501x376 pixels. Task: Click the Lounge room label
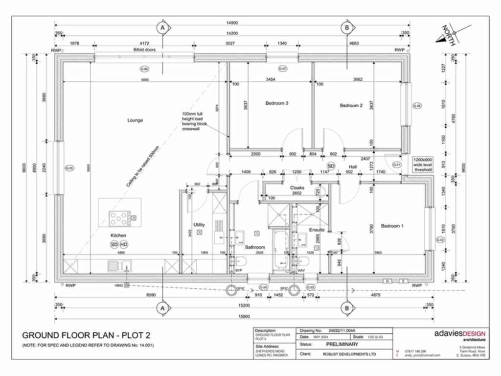[x=135, y=120]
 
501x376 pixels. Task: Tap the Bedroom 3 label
[x=276, y=103]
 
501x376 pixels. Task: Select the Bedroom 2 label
[x=351, y=105]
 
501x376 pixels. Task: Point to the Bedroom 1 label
[x=392, y=226]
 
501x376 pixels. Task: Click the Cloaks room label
[x=297, y=188]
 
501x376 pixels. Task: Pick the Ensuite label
[x=317, y=230]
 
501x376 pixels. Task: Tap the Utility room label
[x=199, y=225]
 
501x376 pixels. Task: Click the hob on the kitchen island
[x=120, y=217]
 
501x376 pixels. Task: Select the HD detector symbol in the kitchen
[x=124, y=244]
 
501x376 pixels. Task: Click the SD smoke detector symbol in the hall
[x=331, y=166]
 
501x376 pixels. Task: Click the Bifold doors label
[x=144, y=50]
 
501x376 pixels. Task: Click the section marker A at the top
[x=162, y=28]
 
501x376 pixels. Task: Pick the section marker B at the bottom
[x=346, y=308]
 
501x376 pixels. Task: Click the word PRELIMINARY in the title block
[x=342, y=344]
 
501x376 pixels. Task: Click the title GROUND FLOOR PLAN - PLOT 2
[x=86, y=336]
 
